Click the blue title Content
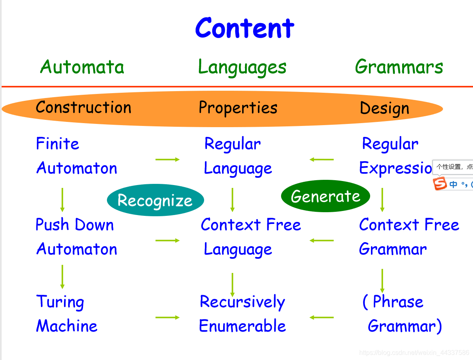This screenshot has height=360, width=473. click(x=245, y=28)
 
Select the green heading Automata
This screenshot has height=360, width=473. click(x=82, y=67)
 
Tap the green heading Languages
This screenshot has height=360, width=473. click(x=242, y=67)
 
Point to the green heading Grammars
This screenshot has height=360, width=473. click(x=399, y=67)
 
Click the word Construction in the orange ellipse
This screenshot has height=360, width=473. click(x=83, y=107)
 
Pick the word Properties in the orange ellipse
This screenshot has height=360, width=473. click(x=238, y=108)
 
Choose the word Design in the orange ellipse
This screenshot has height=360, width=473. click(x=384, y=108)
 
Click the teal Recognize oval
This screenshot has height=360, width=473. click(x=155, y=200)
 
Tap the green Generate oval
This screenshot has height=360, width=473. click(x=326, y=196)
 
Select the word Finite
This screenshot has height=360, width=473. click(x=58, y=144)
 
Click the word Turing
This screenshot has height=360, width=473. click(x=60, y=302)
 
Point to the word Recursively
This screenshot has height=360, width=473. click(x=242, y=302)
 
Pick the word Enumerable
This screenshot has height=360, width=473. click(x=242, y=326)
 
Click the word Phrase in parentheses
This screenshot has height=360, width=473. click(x=398, y=302)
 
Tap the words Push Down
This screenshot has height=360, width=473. click(x=75, y=225)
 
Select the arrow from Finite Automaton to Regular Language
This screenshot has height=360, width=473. click(x=167, y=160)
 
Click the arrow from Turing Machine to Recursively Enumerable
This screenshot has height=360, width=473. click(x=167, y=317)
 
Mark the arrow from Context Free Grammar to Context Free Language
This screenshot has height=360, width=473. click(x=322, y=241)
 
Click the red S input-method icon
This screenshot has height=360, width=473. click(x=439, y=183)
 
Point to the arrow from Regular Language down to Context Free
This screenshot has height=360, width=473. click(x=232, y=199)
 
